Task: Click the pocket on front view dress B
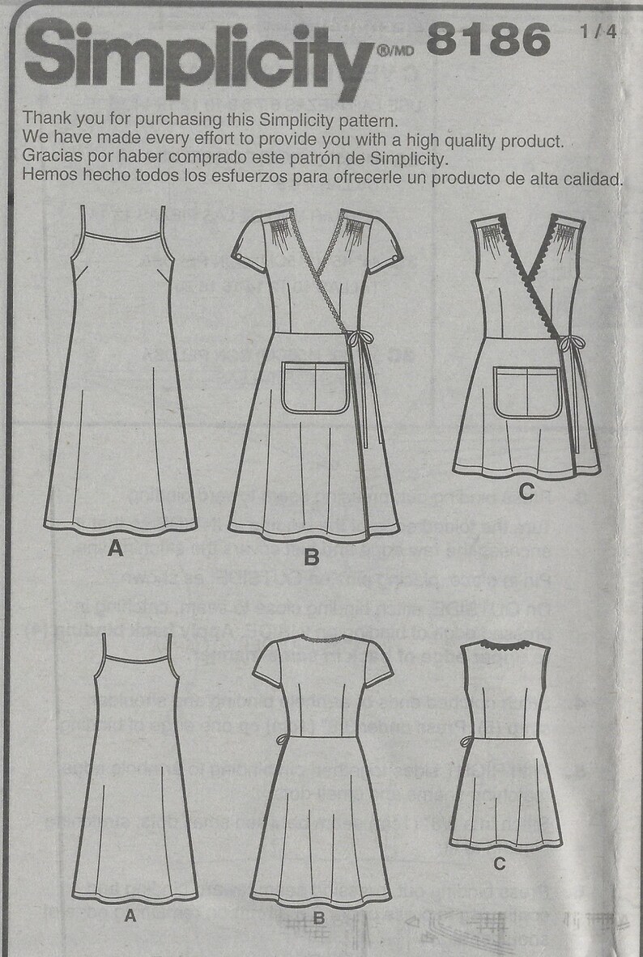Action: click(x=315, y=387)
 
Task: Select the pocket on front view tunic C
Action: click(x=528, y=391)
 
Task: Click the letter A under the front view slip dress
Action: click(x=115, y=549)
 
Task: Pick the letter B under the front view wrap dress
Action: click(x=312, y=557)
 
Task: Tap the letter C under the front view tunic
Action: click(x=526, y=490)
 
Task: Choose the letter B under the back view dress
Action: click(x=318, y=917)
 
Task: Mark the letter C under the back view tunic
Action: click(x=500, y=864)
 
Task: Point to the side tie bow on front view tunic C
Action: click(x=572, y=343)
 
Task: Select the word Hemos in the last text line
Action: click(x=47, y=177)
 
